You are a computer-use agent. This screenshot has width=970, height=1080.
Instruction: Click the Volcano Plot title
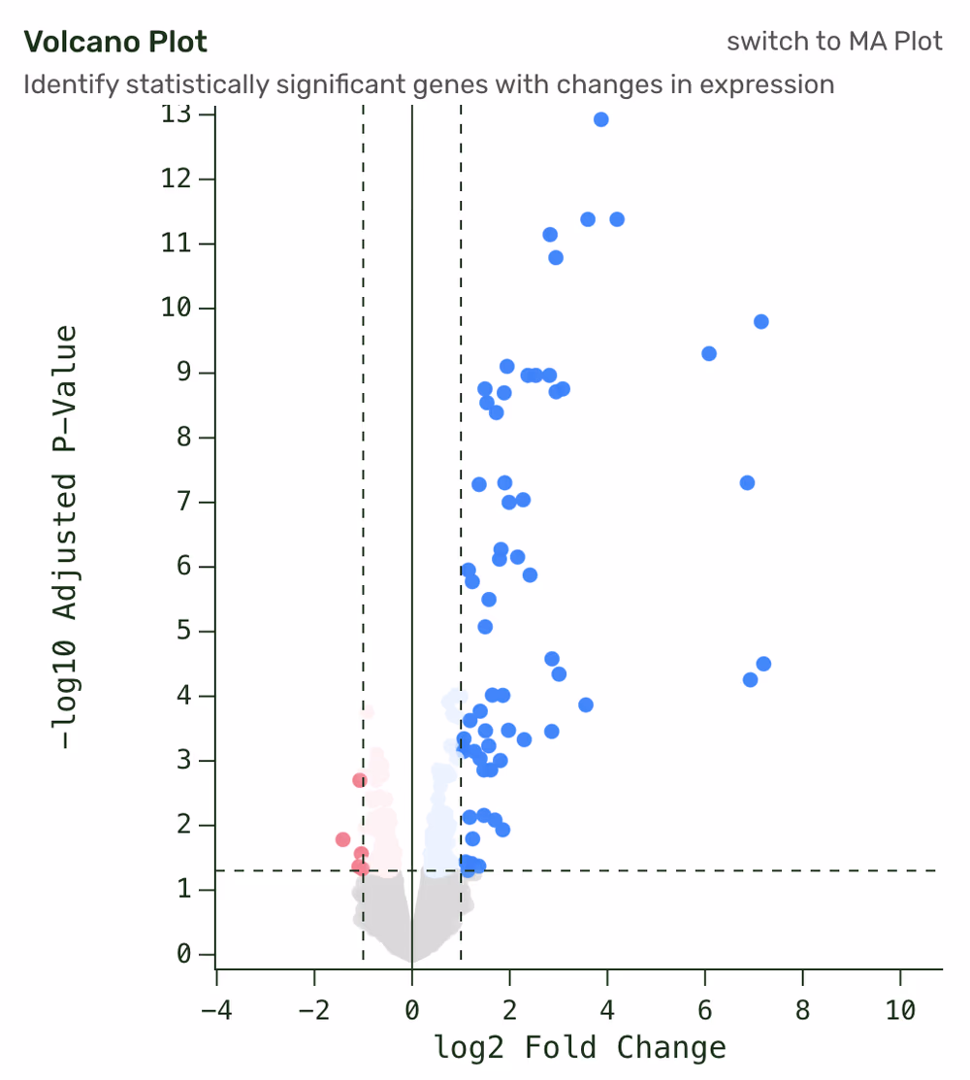coord(115,43)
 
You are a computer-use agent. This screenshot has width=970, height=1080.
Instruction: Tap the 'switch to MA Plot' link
coord(834,43)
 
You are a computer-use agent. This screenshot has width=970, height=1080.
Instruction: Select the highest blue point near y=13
coord(600,119)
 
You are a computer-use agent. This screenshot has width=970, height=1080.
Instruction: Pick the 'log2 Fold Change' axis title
coord(580,1048)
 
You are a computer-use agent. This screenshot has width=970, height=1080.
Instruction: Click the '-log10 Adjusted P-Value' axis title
coord(66,538)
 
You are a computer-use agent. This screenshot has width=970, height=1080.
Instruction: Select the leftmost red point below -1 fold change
coord(342,839)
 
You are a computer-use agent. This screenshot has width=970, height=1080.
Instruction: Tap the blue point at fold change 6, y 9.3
coord(709,353)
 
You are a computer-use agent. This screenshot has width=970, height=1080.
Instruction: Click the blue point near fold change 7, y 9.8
coord(761,321)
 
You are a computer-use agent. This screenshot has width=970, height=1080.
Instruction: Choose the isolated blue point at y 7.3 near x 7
coord(747,482)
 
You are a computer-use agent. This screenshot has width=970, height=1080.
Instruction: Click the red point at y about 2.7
coord(360,780)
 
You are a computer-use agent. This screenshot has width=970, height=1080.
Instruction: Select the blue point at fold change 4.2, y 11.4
coord(617,219)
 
